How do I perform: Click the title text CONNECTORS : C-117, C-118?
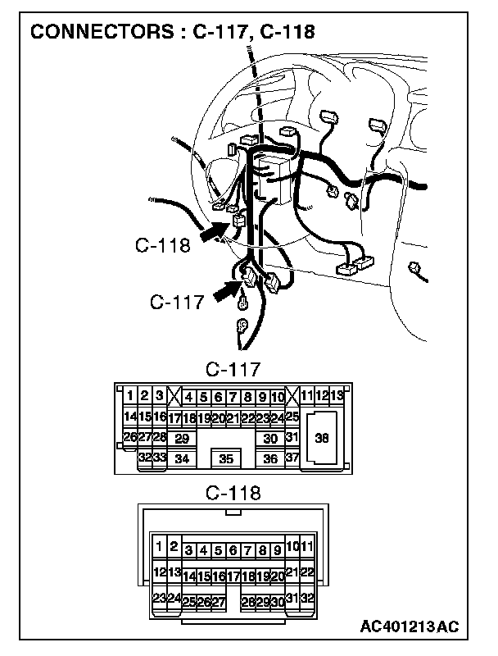pos(172,32)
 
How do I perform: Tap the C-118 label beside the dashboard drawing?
pos(163,245)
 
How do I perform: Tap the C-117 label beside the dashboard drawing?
pos(176,303)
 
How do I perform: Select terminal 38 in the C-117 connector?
pos(322,439)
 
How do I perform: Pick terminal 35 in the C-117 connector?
pos(228,459)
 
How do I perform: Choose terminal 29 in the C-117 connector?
pos(182,439)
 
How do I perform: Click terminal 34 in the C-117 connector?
pos(182,459)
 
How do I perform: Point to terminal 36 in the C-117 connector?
pos(271,459)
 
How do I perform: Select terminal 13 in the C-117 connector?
pos(337,397)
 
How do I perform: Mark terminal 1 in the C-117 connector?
pos(130,397)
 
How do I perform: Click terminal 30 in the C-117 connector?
pos(271,439)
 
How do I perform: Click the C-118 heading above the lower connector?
pos(233,493)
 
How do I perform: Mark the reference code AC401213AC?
pos(409,627)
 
